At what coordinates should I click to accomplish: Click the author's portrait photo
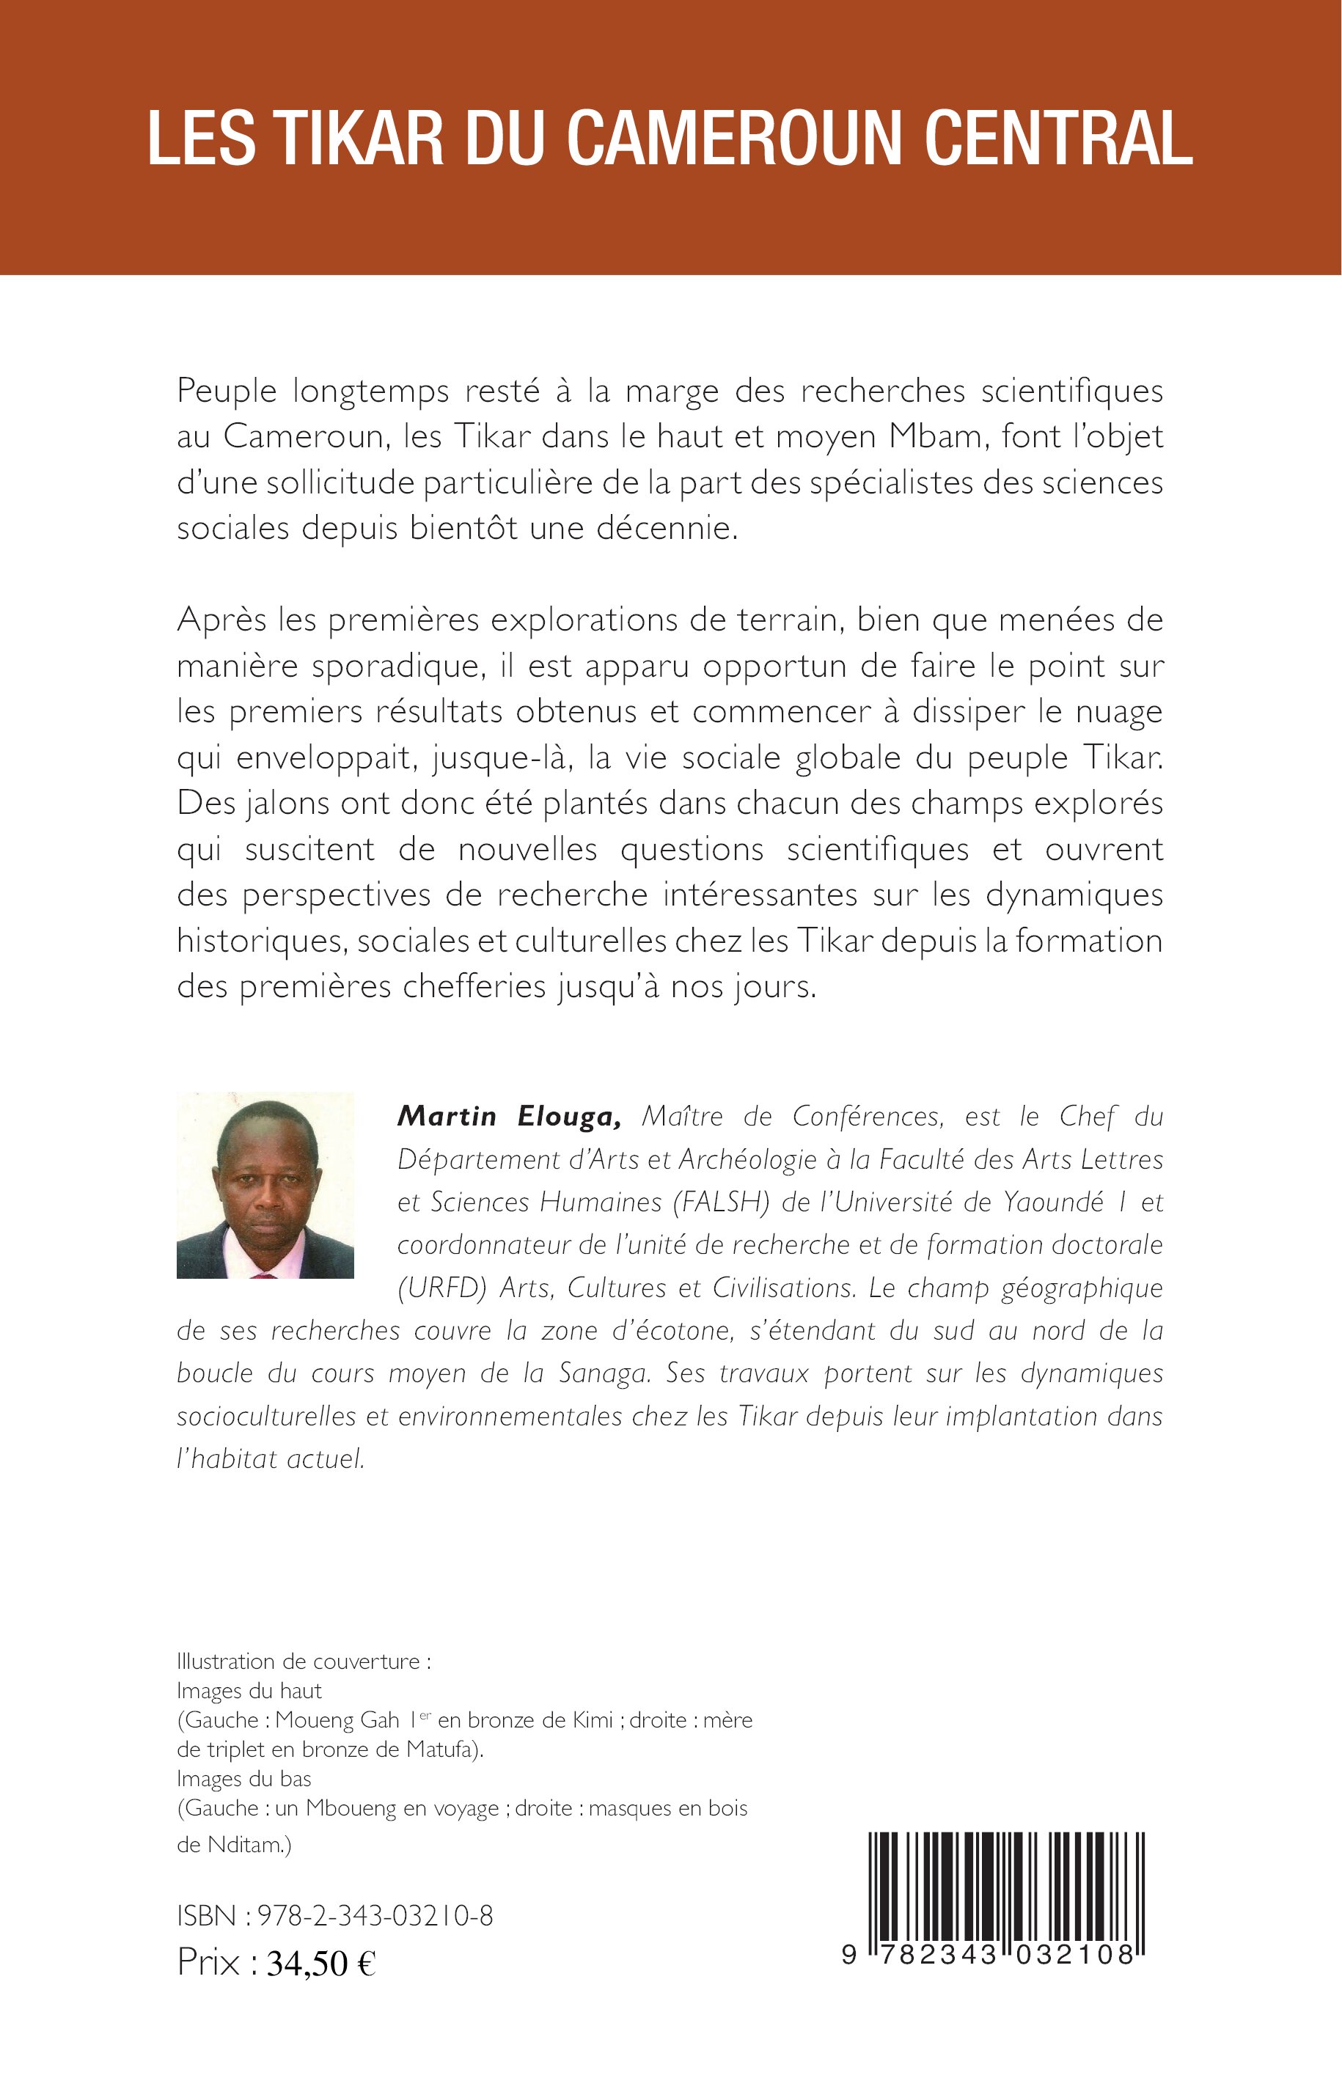click(265, 1185)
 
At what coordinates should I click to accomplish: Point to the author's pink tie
click(264, 1274)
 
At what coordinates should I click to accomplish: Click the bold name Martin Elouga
click(509, 1117)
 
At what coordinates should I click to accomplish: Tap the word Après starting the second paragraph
click(221, 620)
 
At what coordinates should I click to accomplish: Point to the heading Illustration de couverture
click(304, 1662)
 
